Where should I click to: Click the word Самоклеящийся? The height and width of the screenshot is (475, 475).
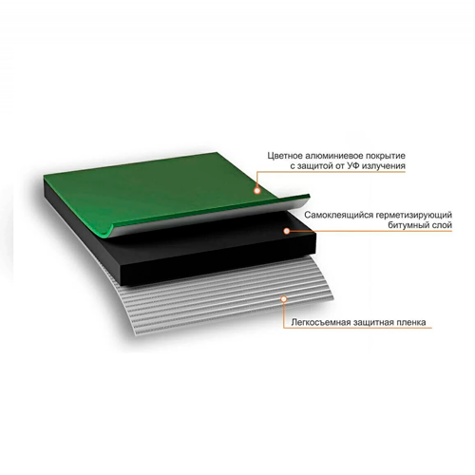pos(338,216)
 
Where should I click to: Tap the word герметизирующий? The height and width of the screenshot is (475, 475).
pos(414,216)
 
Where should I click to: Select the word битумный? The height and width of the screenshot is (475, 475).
pos(408,225)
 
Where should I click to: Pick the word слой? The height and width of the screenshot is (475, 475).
pos(442,225)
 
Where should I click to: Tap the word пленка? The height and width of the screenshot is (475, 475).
pos(411,323)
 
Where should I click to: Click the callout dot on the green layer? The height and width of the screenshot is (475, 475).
pos(257,191)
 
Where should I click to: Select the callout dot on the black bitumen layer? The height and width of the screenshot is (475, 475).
pos(287,231)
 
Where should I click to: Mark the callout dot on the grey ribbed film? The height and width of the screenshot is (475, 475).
pos(284,298)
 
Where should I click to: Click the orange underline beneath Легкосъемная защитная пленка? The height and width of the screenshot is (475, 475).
pos(358,328)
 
